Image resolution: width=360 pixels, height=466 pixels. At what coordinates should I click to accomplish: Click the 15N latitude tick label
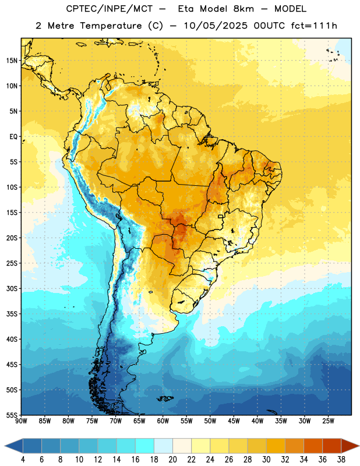12,61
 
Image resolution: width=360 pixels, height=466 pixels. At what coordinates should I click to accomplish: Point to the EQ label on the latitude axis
13,137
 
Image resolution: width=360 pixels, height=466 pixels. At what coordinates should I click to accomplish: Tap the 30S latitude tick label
12,288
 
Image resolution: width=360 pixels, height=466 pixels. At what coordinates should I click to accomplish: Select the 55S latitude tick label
12,415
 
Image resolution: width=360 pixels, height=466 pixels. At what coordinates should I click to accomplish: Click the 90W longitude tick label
22,421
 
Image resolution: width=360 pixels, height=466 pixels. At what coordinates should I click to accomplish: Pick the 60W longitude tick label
163,421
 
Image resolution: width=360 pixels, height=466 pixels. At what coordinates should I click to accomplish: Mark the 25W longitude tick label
328,421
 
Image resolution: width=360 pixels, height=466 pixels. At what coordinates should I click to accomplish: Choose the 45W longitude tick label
234,421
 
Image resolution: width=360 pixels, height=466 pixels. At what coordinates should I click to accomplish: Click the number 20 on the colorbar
172,460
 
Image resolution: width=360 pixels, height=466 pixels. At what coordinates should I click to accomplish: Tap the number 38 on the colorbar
341,460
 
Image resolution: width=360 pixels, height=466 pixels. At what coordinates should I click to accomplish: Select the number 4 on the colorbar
23,460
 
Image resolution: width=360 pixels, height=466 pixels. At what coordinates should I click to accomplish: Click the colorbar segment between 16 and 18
144,446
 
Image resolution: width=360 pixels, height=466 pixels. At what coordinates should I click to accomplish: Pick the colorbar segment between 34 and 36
313,446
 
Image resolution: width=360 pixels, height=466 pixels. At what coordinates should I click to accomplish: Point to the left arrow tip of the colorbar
5,446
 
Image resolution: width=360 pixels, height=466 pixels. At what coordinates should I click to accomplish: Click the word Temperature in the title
111,26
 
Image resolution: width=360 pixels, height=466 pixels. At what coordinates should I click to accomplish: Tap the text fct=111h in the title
314,26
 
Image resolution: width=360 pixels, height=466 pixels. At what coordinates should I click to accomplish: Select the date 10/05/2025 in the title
216,26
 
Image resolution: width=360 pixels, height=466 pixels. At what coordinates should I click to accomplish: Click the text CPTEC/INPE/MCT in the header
109,9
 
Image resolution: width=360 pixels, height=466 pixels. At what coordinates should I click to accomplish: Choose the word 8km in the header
243,9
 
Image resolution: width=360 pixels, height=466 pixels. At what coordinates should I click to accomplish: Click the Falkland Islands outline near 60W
165,398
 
